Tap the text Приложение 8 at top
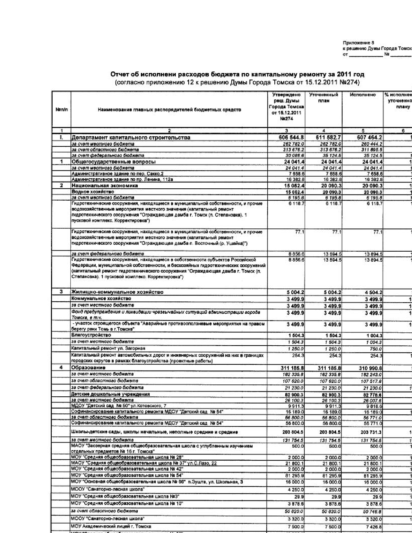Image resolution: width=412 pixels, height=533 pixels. click(358, 43)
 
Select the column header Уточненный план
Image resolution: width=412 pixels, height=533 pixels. click(323, 98)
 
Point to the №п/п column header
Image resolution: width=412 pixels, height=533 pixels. click(61, 110)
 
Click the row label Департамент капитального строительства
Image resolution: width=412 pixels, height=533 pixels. click(131, 138)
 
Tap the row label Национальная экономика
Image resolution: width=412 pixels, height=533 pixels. click(105, 186)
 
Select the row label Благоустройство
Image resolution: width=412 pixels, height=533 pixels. click(91, 335)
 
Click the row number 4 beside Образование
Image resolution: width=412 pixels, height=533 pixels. click(61, 368)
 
